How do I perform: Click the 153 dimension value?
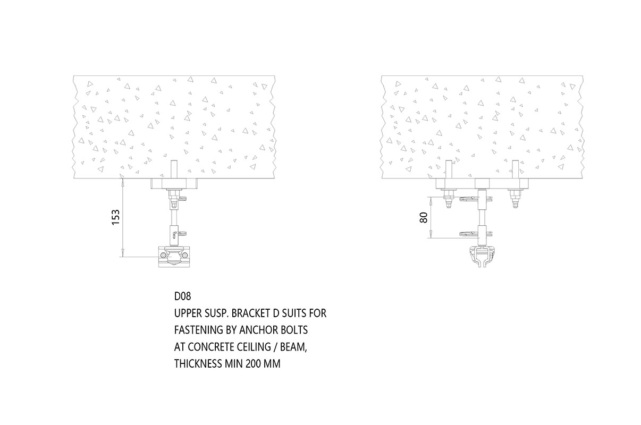click(116, 217)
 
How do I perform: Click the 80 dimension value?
click(424, 218)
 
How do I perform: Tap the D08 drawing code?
click(182, 296)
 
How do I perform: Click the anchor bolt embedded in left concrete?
click(174, 169)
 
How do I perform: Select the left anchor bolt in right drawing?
click(449, 169)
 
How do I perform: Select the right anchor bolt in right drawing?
click(515, 169)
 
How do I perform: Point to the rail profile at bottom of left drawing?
click(174, 257)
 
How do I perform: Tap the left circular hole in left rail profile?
click(163, 255)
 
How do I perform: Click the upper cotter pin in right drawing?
click(476, 199)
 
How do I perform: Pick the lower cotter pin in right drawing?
click(476, 234)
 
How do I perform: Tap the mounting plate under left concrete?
click(174, 184)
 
